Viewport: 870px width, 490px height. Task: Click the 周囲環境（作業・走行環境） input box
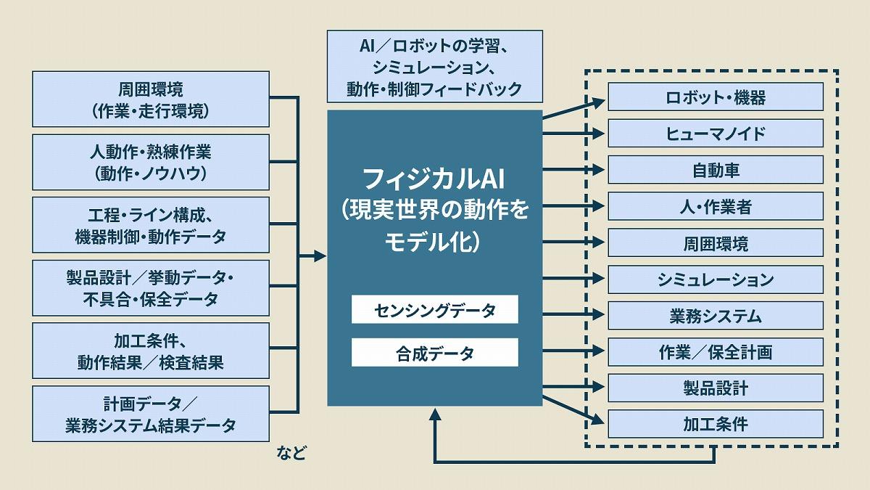coord(151,99)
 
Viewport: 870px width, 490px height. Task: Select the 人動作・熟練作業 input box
coord(151,163)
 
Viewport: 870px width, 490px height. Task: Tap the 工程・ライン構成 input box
coord(151,225)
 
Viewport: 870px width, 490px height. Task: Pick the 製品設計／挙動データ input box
coord(151,288)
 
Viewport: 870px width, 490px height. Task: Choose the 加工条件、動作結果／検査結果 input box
coord(151,351)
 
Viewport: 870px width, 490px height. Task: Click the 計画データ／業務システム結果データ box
coord(151,415)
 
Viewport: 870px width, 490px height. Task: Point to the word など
coord(291,454)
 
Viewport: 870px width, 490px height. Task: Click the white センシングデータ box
coord(435,310)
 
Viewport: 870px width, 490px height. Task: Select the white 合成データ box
coord(435,354)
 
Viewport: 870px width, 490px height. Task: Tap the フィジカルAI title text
coord(435,177)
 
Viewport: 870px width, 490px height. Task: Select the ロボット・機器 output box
coord(715,97)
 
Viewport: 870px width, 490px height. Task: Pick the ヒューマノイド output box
coord(715,134)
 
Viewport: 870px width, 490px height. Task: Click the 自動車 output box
coord(715,170)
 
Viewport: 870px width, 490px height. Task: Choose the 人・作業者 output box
coord(715,206)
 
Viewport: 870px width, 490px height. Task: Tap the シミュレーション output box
coord(715,279)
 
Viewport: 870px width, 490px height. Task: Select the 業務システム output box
coord(715,316)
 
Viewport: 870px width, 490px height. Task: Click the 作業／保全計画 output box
coord(715,352)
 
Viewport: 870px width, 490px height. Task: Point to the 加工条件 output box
coord(715,424)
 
